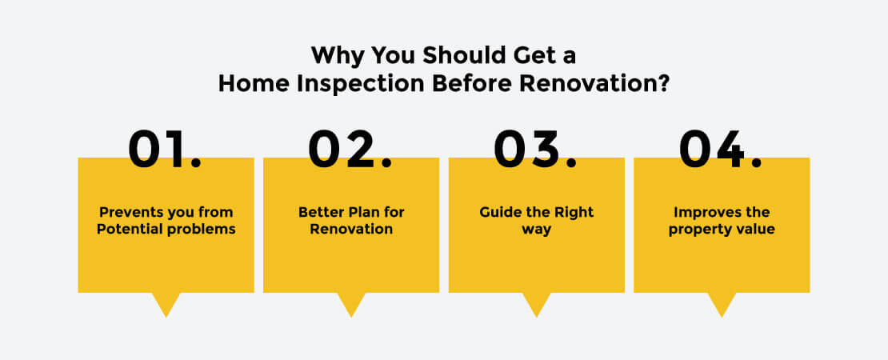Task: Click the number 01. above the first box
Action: click(165, 150)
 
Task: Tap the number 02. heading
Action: click(350, 150)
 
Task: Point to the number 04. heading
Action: click(721, 150)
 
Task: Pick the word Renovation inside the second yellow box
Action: click(351, 230)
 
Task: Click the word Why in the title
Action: click(335, 55)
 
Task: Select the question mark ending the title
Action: click(663, 83)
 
